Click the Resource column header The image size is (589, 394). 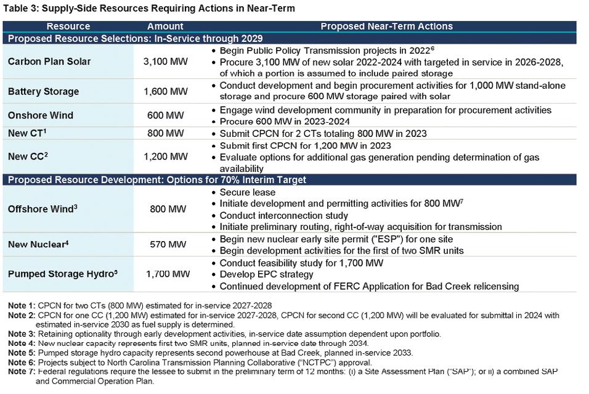[x=68, y=27]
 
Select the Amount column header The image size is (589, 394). [x=165, y=27]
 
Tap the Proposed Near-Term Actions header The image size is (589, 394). [x=386, y=27]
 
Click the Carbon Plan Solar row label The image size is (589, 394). [x=49, y=62]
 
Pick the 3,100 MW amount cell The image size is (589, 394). [x=165, y=62]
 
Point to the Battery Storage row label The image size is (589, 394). [x=43, y=91]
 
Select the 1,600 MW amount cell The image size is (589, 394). [x=165, y=91]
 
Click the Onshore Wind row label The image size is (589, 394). [x=41, y=115]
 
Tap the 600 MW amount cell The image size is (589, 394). [x=165, y=115]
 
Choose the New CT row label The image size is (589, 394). [x=26, y=133]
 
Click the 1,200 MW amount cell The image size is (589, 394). [x=165, y=157]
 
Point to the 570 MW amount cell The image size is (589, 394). [x=165, y=245]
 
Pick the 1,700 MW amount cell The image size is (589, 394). [x=168, y=274]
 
